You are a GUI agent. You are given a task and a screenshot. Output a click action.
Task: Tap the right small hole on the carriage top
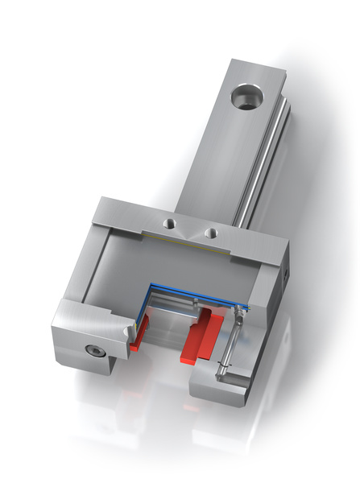[x=211, y=233]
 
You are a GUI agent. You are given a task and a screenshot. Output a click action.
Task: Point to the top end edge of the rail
[x=258, y=67]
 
